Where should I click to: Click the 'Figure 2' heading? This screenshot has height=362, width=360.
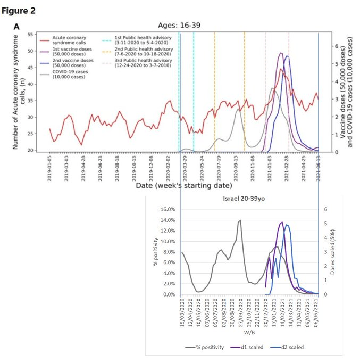click(21, 10)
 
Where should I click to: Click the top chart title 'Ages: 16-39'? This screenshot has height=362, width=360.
click(179, 25)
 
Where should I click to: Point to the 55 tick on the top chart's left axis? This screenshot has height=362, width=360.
click(29, 35)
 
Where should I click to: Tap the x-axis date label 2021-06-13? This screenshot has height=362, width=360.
click(319, 169)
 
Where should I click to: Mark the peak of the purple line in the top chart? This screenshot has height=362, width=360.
click(280, 53)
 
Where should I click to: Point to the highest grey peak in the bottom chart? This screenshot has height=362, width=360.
click(240, 220)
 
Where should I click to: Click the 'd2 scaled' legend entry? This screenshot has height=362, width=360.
click(291, 347)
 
